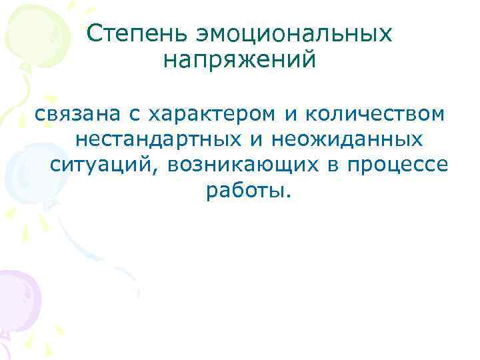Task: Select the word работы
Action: (x=244, y=191)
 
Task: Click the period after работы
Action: (x=289, y=196)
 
